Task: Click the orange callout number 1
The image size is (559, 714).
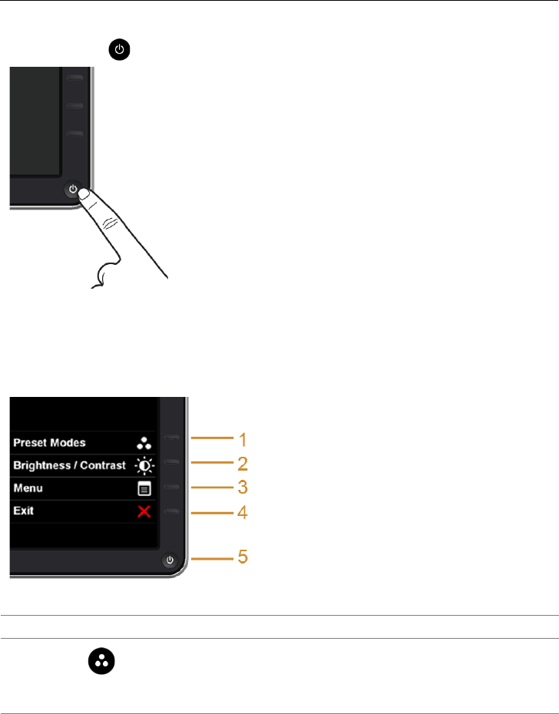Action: [242, 440]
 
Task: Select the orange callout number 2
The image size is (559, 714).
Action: [242, 464]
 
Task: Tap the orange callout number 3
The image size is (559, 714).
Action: [242, 487]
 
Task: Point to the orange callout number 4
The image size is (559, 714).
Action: [242, 511]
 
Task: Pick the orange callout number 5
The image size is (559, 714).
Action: [242, 557]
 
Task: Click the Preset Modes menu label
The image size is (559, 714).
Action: [49, 442]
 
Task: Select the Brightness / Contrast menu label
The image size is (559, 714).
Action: [69, 465]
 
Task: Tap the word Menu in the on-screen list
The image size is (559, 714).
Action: [27, 488]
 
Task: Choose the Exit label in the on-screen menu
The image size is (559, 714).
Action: [23, 511]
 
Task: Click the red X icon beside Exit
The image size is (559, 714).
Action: [144, 511]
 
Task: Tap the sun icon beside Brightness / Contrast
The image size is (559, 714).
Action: [144, 465]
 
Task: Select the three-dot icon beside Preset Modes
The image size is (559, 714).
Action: [144, 442]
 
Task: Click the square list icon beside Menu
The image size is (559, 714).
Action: [144, 488]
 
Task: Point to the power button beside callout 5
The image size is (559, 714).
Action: [170, 560]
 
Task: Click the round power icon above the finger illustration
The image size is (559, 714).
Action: [119, 51]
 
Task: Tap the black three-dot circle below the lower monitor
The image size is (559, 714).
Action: [102, 660]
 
